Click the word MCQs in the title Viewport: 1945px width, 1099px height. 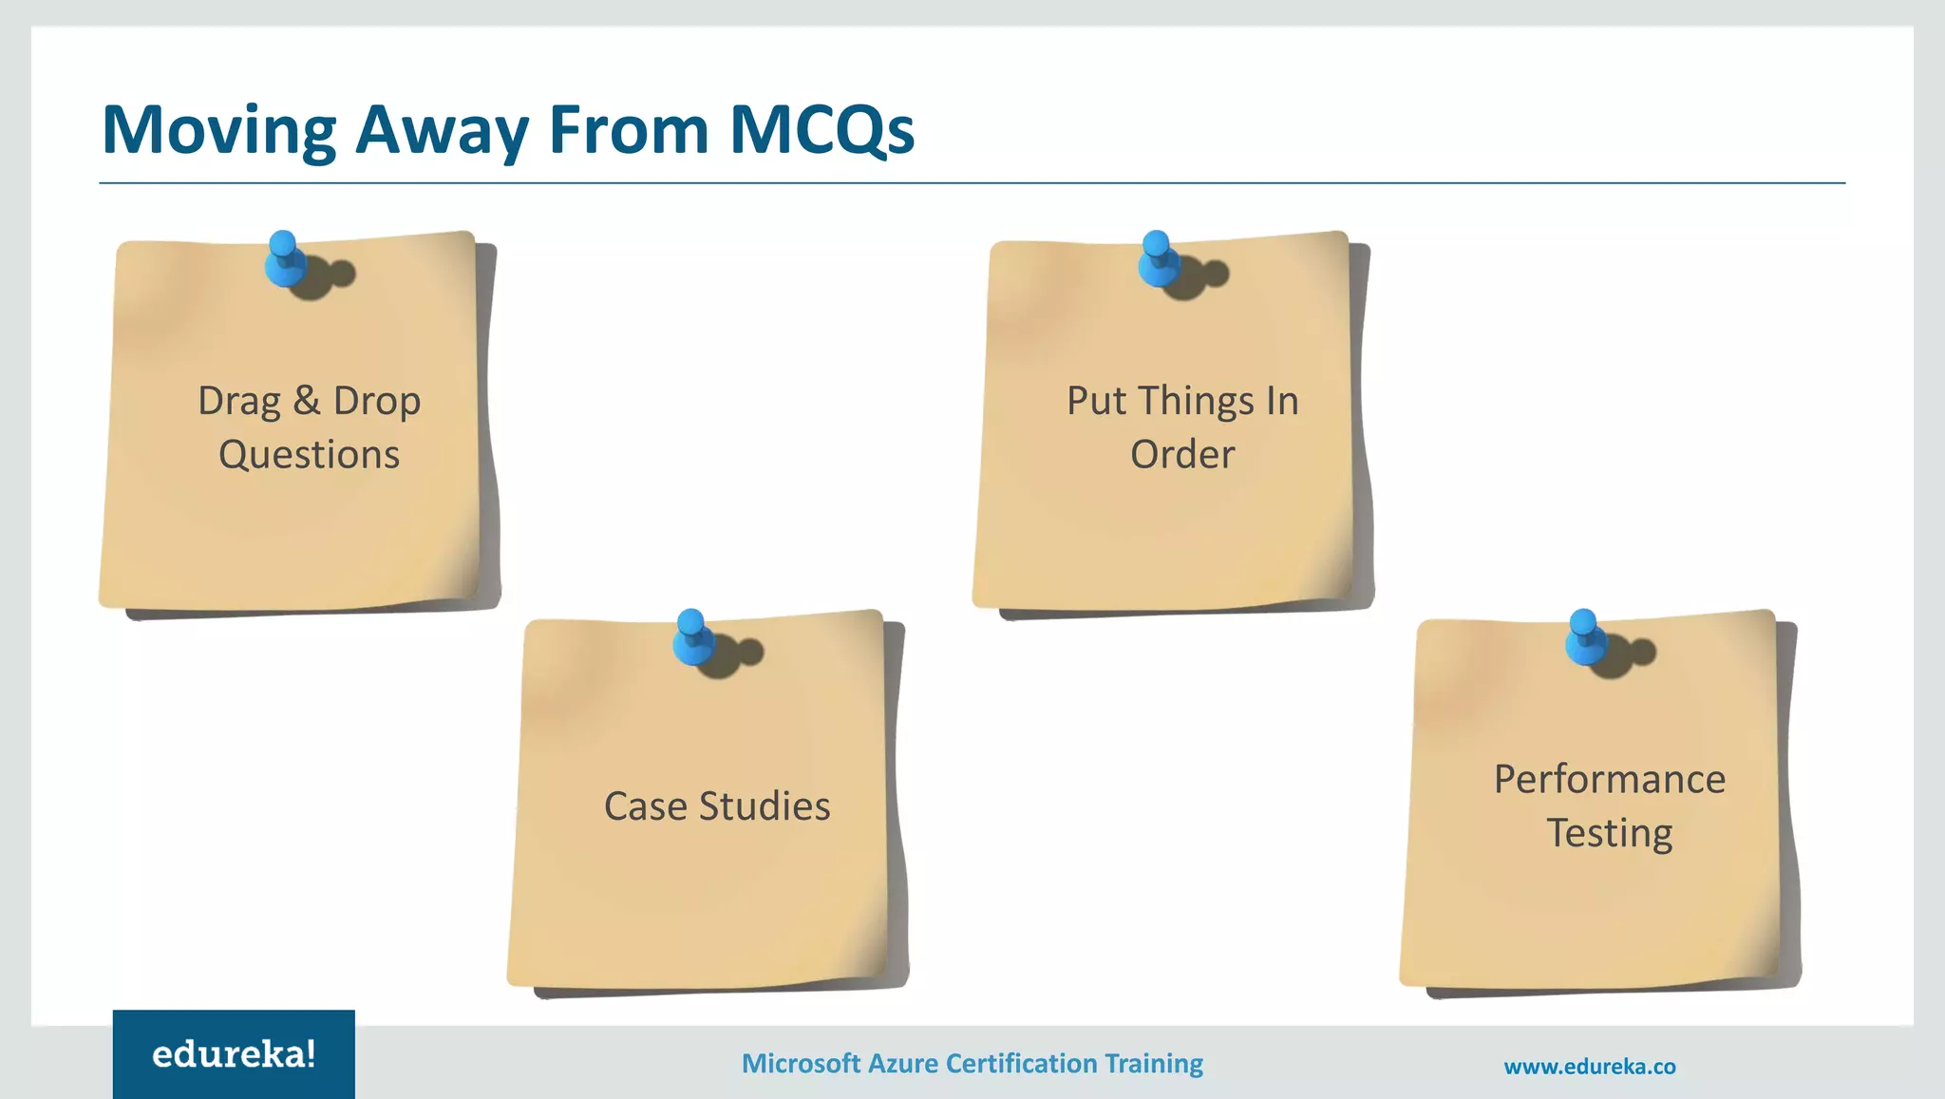click(821, 129)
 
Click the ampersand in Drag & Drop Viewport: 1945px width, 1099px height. click(307, 401)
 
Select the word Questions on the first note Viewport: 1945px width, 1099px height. click(310, 455)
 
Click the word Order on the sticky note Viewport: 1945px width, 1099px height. click(1182, 455)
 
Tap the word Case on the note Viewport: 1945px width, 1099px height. click(645, 807)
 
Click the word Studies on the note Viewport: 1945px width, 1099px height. click(765, 807)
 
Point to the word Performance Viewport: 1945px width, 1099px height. click(1610, 780)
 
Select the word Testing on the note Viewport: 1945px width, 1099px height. click(1610, 834)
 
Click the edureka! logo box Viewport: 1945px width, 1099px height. click(234, 1054)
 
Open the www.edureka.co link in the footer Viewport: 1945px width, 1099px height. click(1590, 1067)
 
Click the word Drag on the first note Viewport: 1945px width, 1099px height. click(239, 402)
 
